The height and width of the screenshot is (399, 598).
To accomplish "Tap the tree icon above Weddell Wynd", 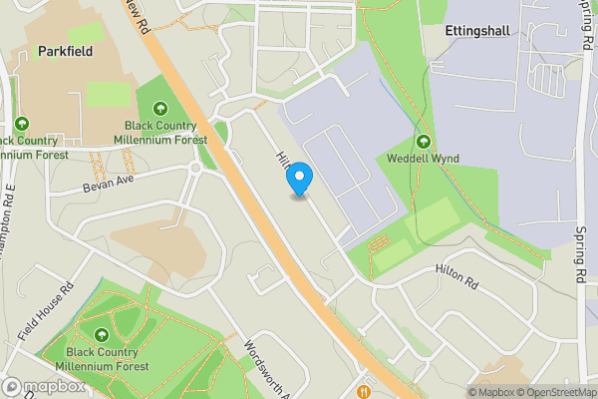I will click(x=424, y=142).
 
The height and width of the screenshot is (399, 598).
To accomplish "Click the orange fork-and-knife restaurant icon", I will click(x=366, y=391).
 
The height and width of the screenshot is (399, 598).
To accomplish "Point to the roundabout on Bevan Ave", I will click(x=195, y=169).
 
